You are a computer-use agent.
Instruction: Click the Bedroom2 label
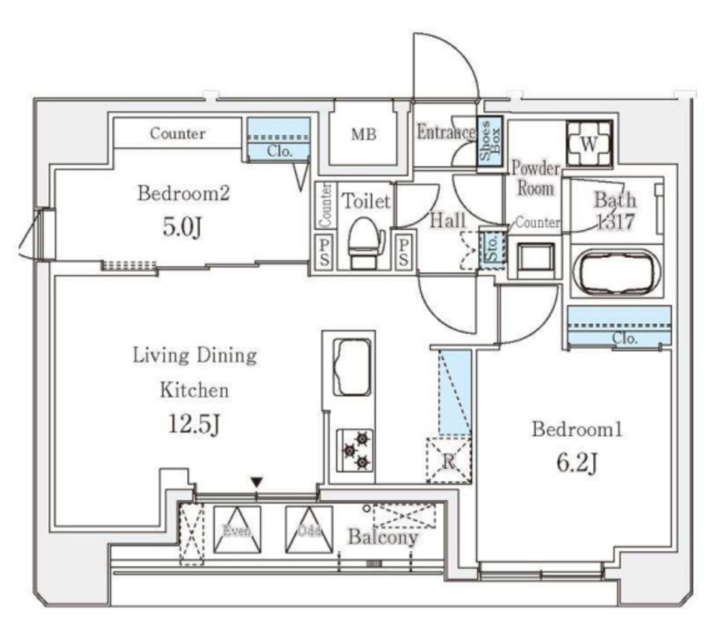[x=183, y=193]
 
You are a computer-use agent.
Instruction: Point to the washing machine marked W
[x=589, y=144]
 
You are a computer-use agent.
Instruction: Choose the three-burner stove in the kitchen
[x=356, y=450]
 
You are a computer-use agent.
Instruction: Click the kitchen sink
[x=351, y=366]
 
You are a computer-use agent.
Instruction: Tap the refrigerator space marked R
[x=448, y=460]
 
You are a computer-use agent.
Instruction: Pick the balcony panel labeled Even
[x=237, y=530]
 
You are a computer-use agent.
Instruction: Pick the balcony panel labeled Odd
[x=309, y=530]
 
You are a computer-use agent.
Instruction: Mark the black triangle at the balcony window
[x=257, y=482]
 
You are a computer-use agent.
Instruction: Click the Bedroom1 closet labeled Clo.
[x=619, y=326]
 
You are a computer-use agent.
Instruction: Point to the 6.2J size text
[x=577, y=462]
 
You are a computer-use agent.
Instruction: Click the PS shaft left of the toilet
[x=323, y=252]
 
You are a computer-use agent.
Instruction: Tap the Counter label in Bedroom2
[x=177, y=133]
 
